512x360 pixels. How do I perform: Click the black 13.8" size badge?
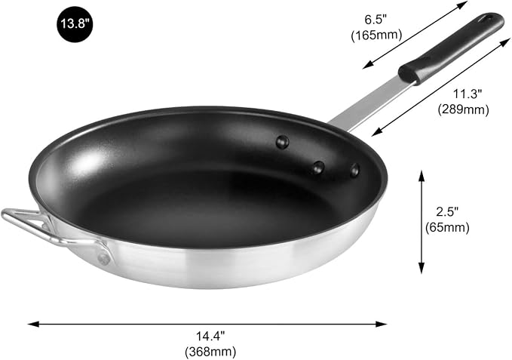[75, 24]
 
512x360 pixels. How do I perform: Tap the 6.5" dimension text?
[376, 20]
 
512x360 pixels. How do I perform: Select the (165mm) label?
[376, 35]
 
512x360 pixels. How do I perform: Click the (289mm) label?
[463, 109]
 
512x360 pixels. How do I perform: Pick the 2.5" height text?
[447, 211]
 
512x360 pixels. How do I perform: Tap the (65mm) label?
[447, 227]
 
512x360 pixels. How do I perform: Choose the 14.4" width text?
[210, 336]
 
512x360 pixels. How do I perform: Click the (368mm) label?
[210, 352]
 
